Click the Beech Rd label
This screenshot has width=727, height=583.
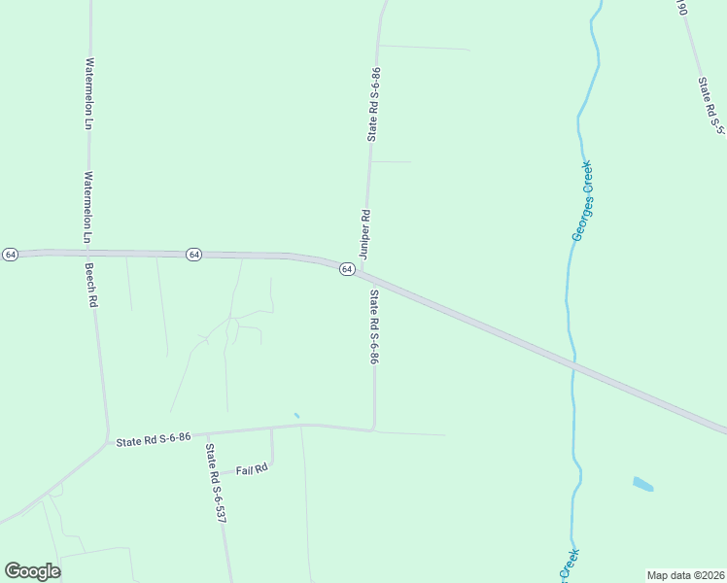(x=92, y=287)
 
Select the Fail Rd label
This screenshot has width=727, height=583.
(x=252, y=469)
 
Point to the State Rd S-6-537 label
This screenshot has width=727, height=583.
(x=215, y=484)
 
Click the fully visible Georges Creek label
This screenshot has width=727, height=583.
(x=589, y=201)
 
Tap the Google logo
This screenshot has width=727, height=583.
(x=32, y=571)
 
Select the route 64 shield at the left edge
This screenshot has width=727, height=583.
(x=10, y=254)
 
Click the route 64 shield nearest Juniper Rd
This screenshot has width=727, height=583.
(x=346, y=269)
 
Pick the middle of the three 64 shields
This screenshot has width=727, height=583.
(x=194, y=254)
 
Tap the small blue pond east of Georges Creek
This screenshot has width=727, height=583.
(x=642, y=483)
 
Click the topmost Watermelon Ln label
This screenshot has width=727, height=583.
(x=88, y=93)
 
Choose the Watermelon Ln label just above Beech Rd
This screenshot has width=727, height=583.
(x=87, y=207)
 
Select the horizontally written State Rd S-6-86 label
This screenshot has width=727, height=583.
(x=154, y=439)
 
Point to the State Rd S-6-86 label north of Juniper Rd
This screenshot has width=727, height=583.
(x=374, y=104)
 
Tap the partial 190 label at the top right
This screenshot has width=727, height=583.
(x=681, y=8)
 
